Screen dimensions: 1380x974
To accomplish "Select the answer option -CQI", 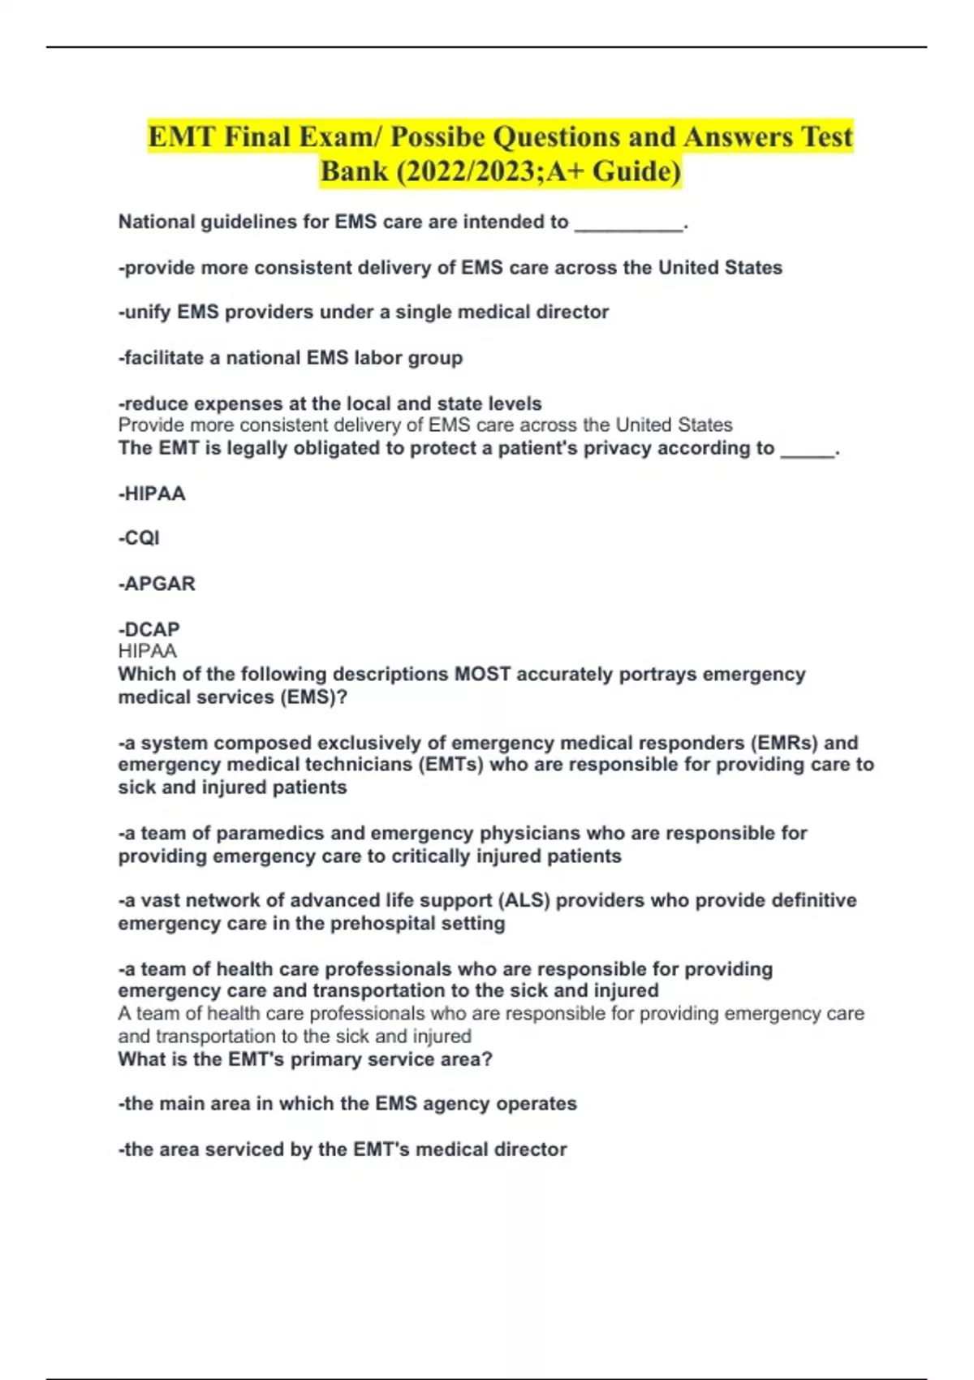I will pos(139,538).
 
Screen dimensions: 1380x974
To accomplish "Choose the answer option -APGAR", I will pos(157,584).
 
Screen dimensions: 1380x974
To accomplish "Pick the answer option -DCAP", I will pos(149,629).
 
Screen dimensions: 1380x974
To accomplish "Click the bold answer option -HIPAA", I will pos(152,494).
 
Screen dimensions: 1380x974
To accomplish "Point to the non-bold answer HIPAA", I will pos(147,651).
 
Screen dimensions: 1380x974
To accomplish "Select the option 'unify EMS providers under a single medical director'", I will pos(363,313).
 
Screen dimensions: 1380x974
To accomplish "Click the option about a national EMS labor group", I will pos(290,358).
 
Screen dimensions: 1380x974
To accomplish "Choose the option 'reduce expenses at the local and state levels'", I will pos(330,403).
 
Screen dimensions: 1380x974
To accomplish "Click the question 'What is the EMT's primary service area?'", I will pos(305,1059).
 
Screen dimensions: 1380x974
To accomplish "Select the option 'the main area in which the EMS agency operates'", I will pos(347,1104).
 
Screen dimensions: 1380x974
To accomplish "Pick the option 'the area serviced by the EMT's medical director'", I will pos(343,1149).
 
